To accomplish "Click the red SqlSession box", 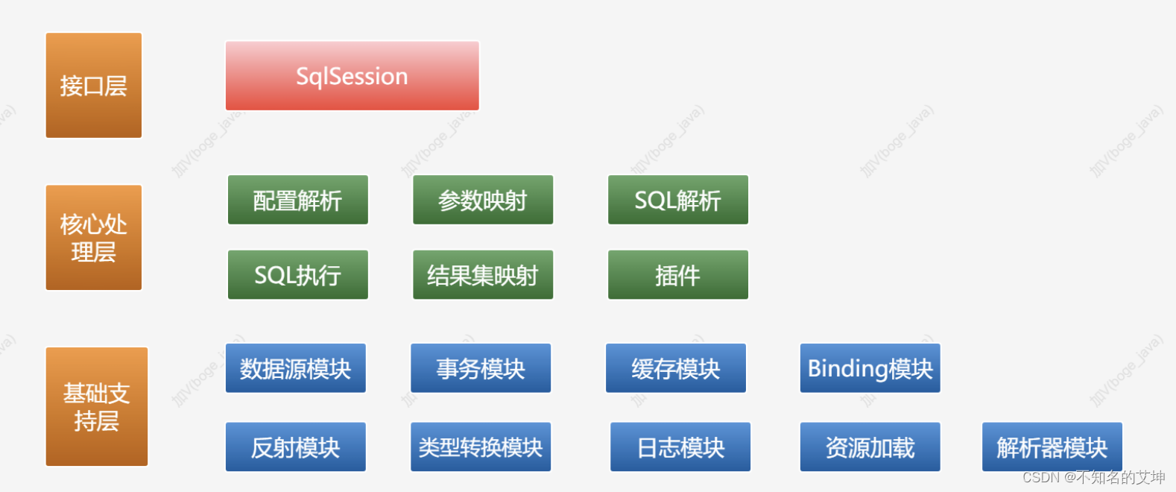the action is (x=353, y=75).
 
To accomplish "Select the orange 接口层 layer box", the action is (x=94, y=85).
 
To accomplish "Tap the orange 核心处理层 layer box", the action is (x=94, y=237).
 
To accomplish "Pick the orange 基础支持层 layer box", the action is (x=97, y=406).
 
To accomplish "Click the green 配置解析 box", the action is (x=297, y=200).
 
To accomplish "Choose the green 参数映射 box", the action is (x=483, y=200).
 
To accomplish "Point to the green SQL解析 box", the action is (x=677, y=200).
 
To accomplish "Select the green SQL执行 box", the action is (x=297, y=274).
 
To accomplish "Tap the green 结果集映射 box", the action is (x=483, y=274).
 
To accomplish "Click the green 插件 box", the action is (x=677, y=274).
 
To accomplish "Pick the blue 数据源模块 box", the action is (x=296, y=368).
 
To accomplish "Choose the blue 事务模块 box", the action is (x=481, y=368).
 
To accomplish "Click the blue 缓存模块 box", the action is (x=676, y=368).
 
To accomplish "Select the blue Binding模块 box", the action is (x=870, y=368).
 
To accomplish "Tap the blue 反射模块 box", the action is (x=296, y=447).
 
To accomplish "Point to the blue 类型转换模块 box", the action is (x=481, y=447).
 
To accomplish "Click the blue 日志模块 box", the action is (x=680, y=447).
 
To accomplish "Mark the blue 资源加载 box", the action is (x=870, y=447).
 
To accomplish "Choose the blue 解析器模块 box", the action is (x=1052, y=447).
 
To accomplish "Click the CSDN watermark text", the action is (x=1093, y=477).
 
